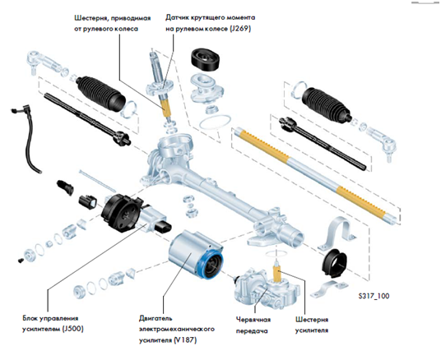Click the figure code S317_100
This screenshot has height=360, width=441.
(374, 296)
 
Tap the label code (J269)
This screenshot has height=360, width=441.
(240, 29)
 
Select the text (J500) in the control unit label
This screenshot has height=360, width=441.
(73, 329)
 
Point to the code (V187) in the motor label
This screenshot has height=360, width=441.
(185, 340)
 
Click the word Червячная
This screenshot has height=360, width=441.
(253, 320)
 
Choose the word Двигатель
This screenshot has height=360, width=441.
(156, 319)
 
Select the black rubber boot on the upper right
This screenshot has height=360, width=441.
(326, 105)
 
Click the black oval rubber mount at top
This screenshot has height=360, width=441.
(206, 59)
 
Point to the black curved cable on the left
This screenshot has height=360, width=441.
(28, 138)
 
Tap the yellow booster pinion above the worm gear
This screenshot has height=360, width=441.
(277, 274)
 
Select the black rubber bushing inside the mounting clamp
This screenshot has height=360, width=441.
(334, 262)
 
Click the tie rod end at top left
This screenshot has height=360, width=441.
(44, 62)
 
